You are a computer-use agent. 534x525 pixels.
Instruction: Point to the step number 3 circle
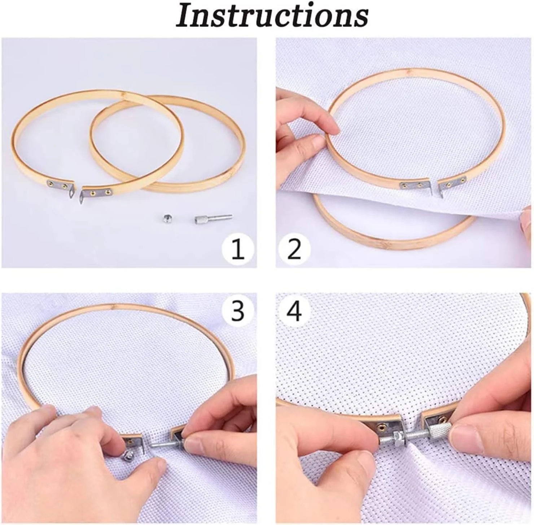(237, 310)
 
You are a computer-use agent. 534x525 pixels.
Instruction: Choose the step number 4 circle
(294, 310)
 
